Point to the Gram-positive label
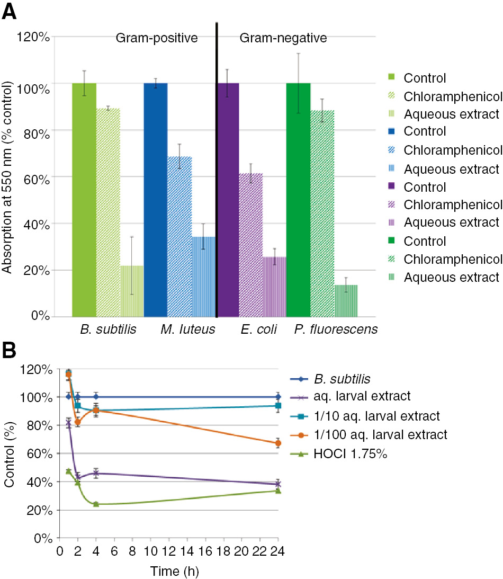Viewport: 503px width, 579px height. pos(157,38)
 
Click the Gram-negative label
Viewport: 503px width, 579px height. pos(283,38)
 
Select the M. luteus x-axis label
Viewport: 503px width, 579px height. pos(188,330)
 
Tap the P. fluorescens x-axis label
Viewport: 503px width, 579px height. pos(336,330)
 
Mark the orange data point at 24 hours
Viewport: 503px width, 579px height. pos(277,443)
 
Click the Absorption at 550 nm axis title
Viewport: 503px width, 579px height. pos(7,177)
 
